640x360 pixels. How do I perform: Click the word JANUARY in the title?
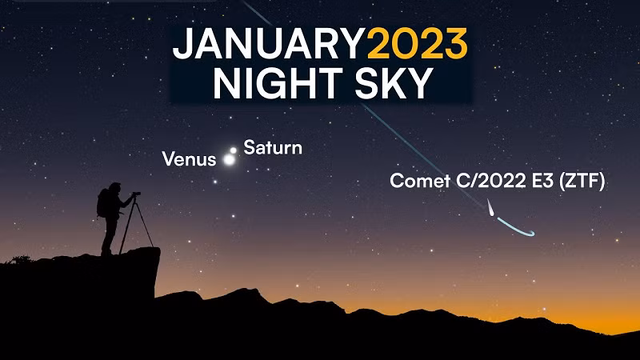point(269,44)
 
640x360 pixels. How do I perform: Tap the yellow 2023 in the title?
point(417,44)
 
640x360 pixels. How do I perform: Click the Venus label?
point(189,159)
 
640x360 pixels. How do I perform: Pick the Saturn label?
point(273,147)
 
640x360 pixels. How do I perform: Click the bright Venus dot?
point(230,159)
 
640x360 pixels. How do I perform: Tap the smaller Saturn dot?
point(233,150)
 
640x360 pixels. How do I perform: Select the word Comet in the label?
point(420,181)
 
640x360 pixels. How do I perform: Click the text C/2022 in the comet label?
point(490,181)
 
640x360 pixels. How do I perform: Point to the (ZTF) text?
point(582,181)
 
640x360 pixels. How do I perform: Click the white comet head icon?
point(490,208)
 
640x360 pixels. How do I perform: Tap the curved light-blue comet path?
point(514,229)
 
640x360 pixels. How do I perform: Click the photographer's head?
point(114,188)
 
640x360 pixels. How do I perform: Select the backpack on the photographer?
point(102,203)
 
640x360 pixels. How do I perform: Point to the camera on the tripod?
point(136,194)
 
